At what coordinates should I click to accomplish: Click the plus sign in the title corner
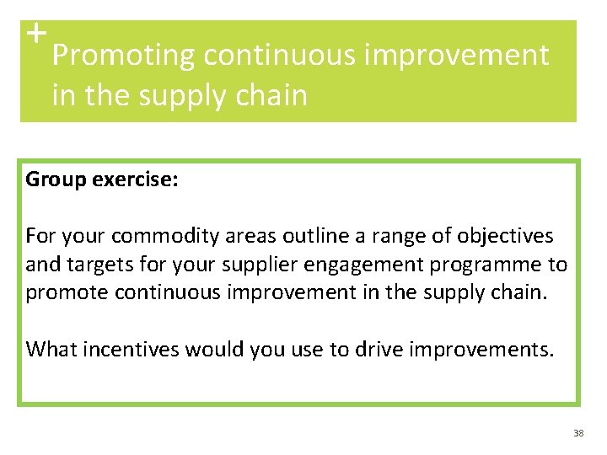[35, 34]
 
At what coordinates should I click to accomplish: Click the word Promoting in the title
[123, 56]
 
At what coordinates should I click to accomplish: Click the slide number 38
[577, 433]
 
